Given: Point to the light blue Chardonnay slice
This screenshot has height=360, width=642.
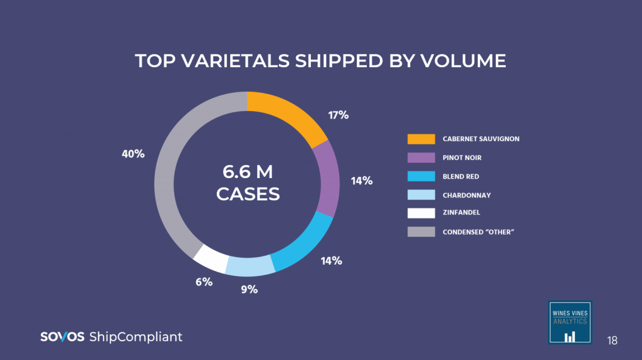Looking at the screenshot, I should tap(250, 266).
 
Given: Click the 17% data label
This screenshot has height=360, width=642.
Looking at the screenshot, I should tap(338, 115).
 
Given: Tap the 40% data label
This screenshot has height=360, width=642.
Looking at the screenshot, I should tap(133, 154).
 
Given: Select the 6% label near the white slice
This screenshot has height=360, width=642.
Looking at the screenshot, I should tap(204, 282).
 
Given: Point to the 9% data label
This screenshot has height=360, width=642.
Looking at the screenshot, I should tap(249, 290).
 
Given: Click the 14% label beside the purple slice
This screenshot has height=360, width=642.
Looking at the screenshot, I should tap(362, 181).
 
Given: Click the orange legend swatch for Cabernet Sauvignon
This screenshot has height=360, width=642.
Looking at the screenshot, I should tap(421, 139).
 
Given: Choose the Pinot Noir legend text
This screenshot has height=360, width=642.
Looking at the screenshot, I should tap(461, 158).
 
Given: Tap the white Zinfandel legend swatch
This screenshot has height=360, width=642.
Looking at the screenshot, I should tap(421, 213).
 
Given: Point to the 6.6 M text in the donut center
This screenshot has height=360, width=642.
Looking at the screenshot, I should tap(248, 171).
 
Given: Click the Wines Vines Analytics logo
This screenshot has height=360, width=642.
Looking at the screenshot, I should tap(569, 322).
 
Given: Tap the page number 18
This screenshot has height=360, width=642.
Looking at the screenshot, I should tap(612, 341).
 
